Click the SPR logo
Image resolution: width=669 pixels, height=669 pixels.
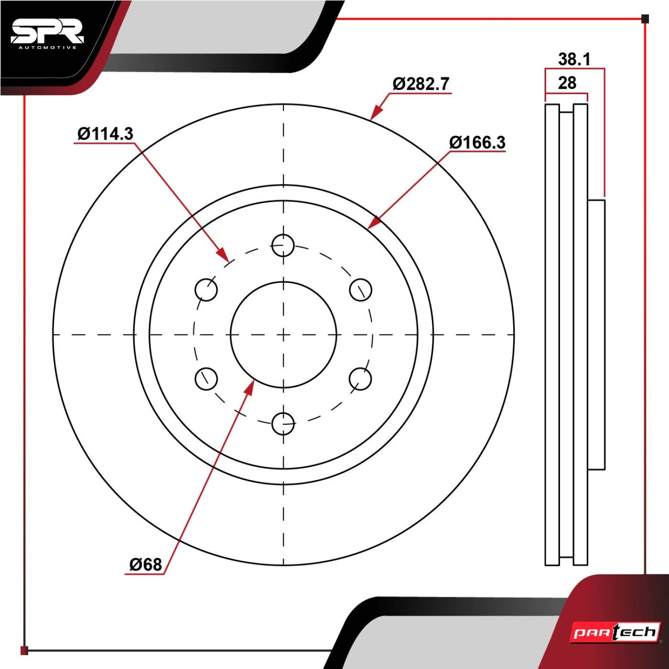click(47, 34)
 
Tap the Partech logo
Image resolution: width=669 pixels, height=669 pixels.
click(615, 633)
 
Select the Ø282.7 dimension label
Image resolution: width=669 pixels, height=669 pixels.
click(421, 84)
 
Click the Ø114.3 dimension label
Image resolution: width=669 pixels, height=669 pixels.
click(105, 134)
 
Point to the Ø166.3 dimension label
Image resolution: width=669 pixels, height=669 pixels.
click(477, 143)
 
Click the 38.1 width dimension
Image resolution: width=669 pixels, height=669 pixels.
click(574, 60)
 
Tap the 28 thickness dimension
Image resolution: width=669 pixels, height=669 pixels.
click(567, 83)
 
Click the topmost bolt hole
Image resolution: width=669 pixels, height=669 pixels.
click(283, 245)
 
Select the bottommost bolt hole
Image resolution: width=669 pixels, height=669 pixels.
click(283, 424)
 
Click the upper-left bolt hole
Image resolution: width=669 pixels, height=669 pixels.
click(206, 290)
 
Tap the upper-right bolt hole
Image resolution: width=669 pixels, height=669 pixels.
click(360, 290)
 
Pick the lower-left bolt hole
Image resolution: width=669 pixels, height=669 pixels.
click(206, 379)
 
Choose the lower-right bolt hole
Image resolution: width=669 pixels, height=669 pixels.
click(360, 379)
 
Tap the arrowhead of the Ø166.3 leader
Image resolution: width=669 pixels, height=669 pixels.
click(373, 223)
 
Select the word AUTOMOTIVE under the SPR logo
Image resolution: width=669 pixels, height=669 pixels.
click(47, 48)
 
